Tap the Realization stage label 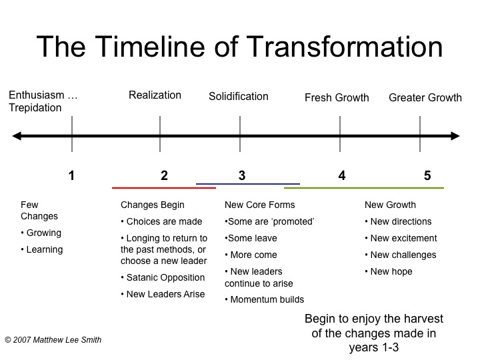click(x=155, y=95)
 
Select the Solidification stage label click(x=239, y=97)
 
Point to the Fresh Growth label click(x=337, y=97)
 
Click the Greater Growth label click(x=425, y=97)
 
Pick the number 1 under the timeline click(x=71, y=176)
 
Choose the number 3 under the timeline click(x=242, y=176)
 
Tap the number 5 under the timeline click(x=427, y=176)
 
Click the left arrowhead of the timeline click(x=17, y=136)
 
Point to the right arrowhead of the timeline click(x=455, y=136)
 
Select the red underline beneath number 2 click(x=164, y=187)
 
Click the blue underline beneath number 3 click(x=248, y=184)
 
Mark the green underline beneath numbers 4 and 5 click(x=364, y=187)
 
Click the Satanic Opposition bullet click(x=163, y=277)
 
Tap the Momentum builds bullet click(x=265, y=300)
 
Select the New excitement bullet click(x=401, y=238)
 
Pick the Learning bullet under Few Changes click(x=42, y=250)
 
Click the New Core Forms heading click(x=260, y=205)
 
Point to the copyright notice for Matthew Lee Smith click(x=53, y=340)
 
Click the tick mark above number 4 click(x=340, y=134)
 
